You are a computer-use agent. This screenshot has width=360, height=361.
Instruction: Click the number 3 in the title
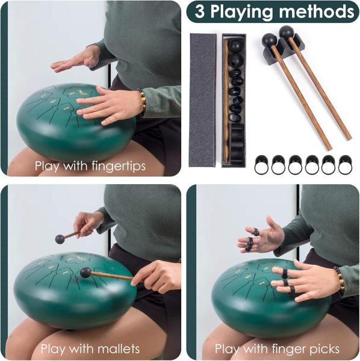pos(199,11)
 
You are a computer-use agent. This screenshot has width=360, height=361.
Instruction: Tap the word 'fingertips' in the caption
pos(119,166)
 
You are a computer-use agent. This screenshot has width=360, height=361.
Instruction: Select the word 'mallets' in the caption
pos(119,349)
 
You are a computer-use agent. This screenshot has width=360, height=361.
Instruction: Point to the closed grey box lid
pos(203,100)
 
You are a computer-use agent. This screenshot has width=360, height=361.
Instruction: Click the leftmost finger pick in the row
pos(261,164)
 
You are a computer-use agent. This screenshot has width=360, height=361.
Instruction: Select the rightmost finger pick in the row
pos(345,164)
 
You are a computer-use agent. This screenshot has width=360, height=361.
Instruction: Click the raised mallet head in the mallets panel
pos(60,239)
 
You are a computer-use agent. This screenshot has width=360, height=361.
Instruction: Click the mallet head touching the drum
pos(85,273)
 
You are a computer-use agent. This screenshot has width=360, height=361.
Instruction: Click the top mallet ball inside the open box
pos(235,46)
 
